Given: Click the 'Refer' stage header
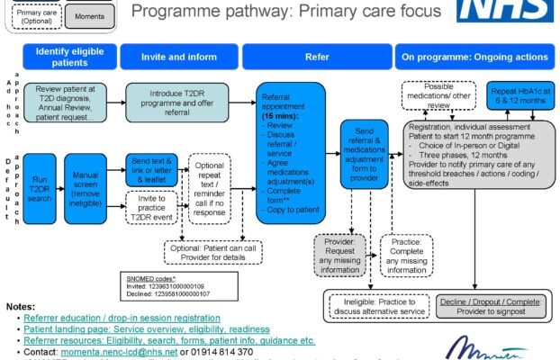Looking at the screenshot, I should [317, 57].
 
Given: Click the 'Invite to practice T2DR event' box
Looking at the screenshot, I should [153, 207].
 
